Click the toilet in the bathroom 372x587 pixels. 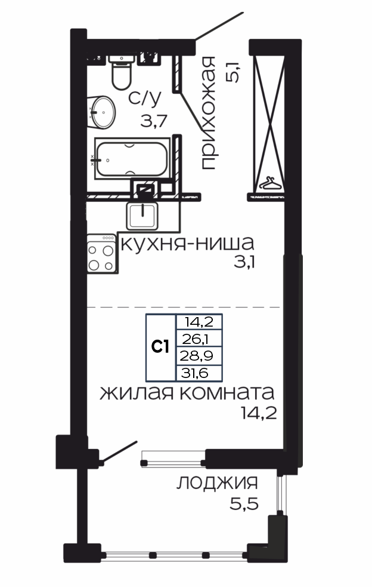point(122,72)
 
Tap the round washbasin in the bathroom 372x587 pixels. point(101,112)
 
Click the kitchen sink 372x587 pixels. point(142,216)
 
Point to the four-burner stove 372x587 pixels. point(102,253)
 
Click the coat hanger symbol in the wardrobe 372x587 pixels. point(270,184)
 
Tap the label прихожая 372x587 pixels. point(208,113)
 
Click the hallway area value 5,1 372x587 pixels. point(232,72)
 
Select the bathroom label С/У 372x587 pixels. point(145,98)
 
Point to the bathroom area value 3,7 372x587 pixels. point(154,121)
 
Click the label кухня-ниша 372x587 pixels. point(187,244)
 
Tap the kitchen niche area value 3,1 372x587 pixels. point(244,262)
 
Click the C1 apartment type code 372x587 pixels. point(160,347)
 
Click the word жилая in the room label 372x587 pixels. point(137,394)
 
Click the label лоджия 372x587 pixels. point(217,483)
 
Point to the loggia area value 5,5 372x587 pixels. point(244,504)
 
